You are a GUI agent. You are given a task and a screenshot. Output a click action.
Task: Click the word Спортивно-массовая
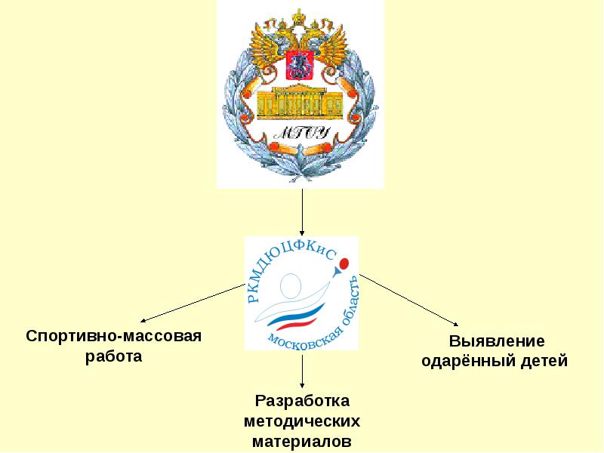coord(114,334)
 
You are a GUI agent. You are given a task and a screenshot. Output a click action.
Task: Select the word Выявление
coord(496,341)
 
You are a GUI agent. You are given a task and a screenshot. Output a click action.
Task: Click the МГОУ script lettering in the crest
coord(300,134)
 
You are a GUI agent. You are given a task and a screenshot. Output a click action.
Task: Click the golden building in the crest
coord(300,101)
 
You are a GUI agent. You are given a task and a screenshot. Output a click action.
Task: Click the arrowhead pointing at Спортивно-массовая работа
coord(141,321)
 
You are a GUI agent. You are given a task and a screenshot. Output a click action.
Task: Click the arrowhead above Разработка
coord(303,385)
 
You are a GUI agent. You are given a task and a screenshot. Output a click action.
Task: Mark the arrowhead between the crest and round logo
coord(303,233)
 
